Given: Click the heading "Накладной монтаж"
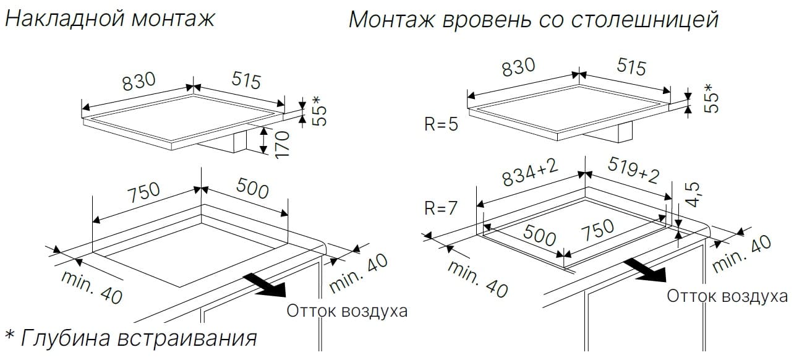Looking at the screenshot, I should point(109,19).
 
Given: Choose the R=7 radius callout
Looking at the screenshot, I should point(441,208).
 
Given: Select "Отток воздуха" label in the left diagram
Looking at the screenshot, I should point(347,311).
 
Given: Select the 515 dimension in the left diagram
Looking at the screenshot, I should point(246,80).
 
